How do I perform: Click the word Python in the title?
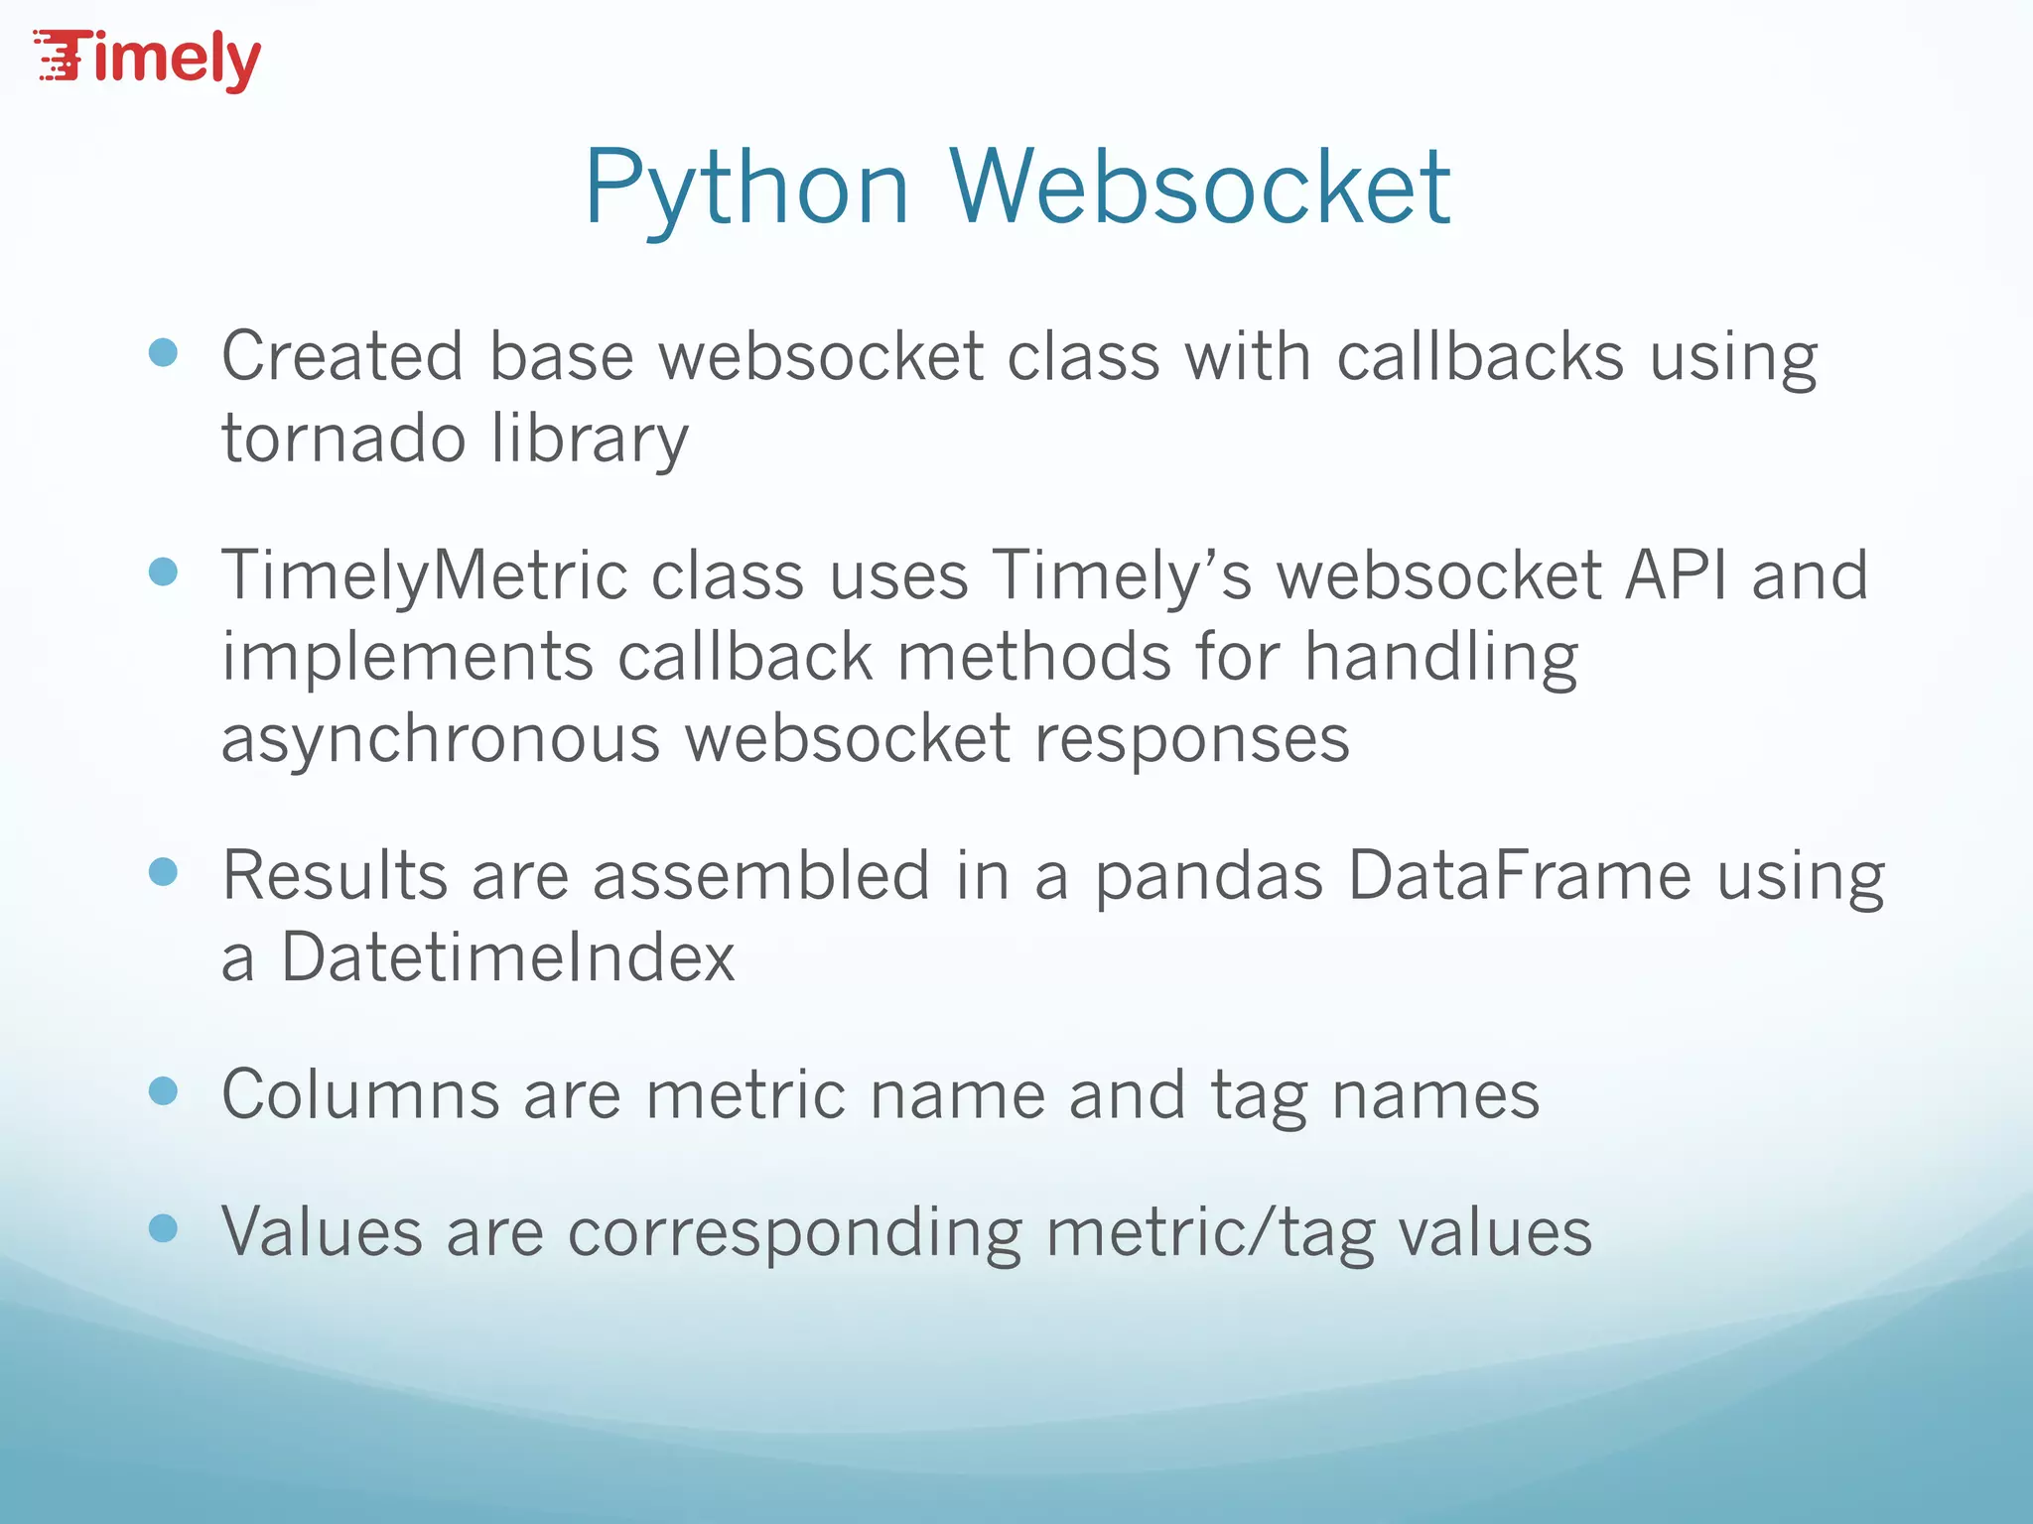click(x=746, y=189)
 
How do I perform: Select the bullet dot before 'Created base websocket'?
click(x=163, y=353)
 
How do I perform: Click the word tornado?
click(x=343, y=438)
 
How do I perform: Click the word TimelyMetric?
click(x=424, y=575)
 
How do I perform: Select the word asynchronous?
click(x=440, y=739)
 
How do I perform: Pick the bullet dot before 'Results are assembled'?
click(x=163, y=872)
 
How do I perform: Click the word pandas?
click(x=1208, y=876)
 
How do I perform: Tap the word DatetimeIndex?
click(x=507, y=957)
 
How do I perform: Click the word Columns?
click(x=360, y=1094)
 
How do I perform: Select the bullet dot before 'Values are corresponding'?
click(x=163, y=1229)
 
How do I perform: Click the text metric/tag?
click(x=1210, y=1233)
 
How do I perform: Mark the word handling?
click(x=1440, y=658)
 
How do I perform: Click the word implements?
click(x=407, y=658)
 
